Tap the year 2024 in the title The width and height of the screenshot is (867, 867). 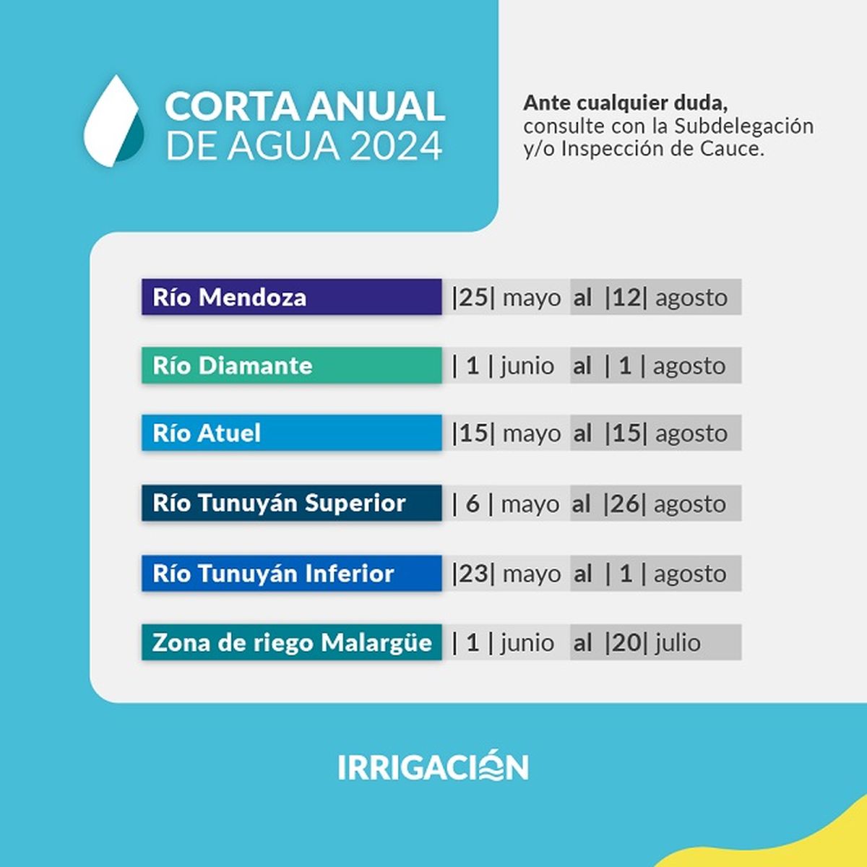click(x=396, y=146)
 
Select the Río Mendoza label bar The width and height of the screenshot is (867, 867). click(x=291, y=297)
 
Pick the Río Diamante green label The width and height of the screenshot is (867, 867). click(x=291, y=366)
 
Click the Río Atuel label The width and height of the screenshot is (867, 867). click(x=291, y=433)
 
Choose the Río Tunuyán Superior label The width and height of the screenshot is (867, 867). click(x=291, y=503)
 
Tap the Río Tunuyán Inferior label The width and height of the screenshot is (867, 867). click(x=291, y=574)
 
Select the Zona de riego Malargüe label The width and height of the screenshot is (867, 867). click(x=291, y=642)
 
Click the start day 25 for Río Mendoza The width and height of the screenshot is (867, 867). click(x=474, y=298)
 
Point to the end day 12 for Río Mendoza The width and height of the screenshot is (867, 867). click(x=626, y=298)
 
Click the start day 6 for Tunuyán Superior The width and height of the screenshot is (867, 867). click(x=473, y=504)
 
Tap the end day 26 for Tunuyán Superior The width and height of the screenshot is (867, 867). click(x=625, y=504)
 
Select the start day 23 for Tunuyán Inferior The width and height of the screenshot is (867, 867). click(x=474, y=574)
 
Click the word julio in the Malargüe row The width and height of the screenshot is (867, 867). click(x=678, y=643)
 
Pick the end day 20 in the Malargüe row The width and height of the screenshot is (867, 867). click(x=626, y=643)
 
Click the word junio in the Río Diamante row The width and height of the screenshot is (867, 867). click(x=527, y=366)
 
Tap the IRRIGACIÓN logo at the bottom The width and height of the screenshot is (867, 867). click(x=433, y=767)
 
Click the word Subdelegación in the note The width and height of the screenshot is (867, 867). click(x=743, y=126)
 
